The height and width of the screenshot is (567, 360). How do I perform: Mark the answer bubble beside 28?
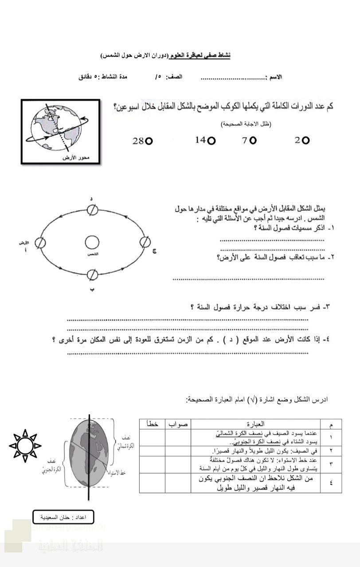coord(149,141)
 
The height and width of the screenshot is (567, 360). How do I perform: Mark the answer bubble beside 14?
coord(212,140)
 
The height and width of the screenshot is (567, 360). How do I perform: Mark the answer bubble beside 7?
coord(253,140)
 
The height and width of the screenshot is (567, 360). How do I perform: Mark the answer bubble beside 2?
coord(305,140)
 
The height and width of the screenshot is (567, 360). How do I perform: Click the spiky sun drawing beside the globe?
coord(25,445)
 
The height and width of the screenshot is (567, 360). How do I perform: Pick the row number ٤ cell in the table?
coord(331,483)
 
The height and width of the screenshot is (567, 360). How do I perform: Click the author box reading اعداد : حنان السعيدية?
coord(63,517)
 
